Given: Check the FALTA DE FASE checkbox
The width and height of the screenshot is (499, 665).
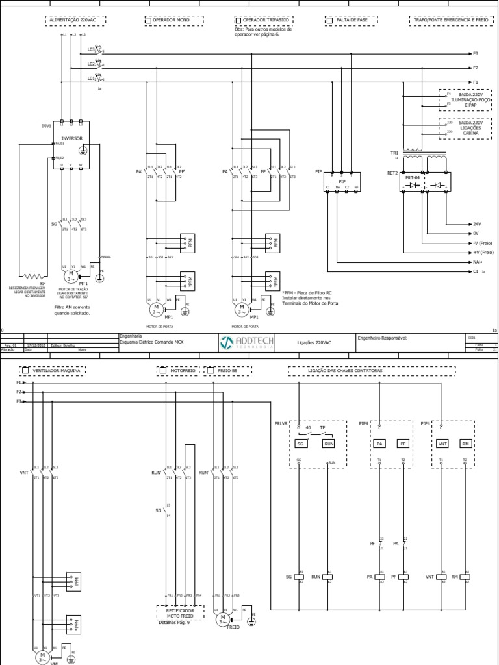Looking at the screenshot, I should point(329,21).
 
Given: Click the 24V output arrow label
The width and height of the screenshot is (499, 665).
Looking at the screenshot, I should point(476,224).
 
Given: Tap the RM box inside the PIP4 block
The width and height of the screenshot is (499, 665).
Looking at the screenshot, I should point(465,444).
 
